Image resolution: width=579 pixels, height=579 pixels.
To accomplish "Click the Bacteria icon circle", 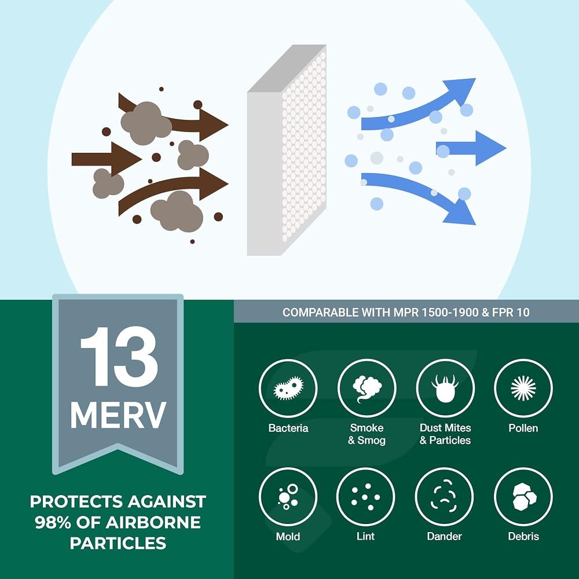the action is click(288, 388).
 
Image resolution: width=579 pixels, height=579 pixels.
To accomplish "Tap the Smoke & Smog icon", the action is click(367, 388).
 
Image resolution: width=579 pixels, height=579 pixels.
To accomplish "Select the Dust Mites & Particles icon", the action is click(445, 388).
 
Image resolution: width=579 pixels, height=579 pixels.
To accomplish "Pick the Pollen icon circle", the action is click(523, 388).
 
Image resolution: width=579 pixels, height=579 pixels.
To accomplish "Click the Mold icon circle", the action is click(288, 497).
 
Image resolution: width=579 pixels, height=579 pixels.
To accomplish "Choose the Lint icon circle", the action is click(365, 497).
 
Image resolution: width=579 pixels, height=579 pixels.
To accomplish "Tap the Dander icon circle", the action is click(444, 497).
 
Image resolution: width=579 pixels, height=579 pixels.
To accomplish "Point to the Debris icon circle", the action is click(523, 497).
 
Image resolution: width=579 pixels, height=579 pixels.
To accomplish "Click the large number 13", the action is click(119, 356).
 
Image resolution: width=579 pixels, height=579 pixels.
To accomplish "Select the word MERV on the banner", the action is click(118, 415).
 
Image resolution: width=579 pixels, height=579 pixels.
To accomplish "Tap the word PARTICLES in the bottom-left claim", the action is click(118, 543).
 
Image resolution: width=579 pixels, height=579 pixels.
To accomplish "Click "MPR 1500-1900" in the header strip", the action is click(436, 313).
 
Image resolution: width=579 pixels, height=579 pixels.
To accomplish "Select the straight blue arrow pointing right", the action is click(471, 148).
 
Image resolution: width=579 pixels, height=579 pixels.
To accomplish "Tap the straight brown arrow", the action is click(107, 159).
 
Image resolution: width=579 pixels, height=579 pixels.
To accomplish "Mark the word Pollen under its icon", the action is click(523, 428).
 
